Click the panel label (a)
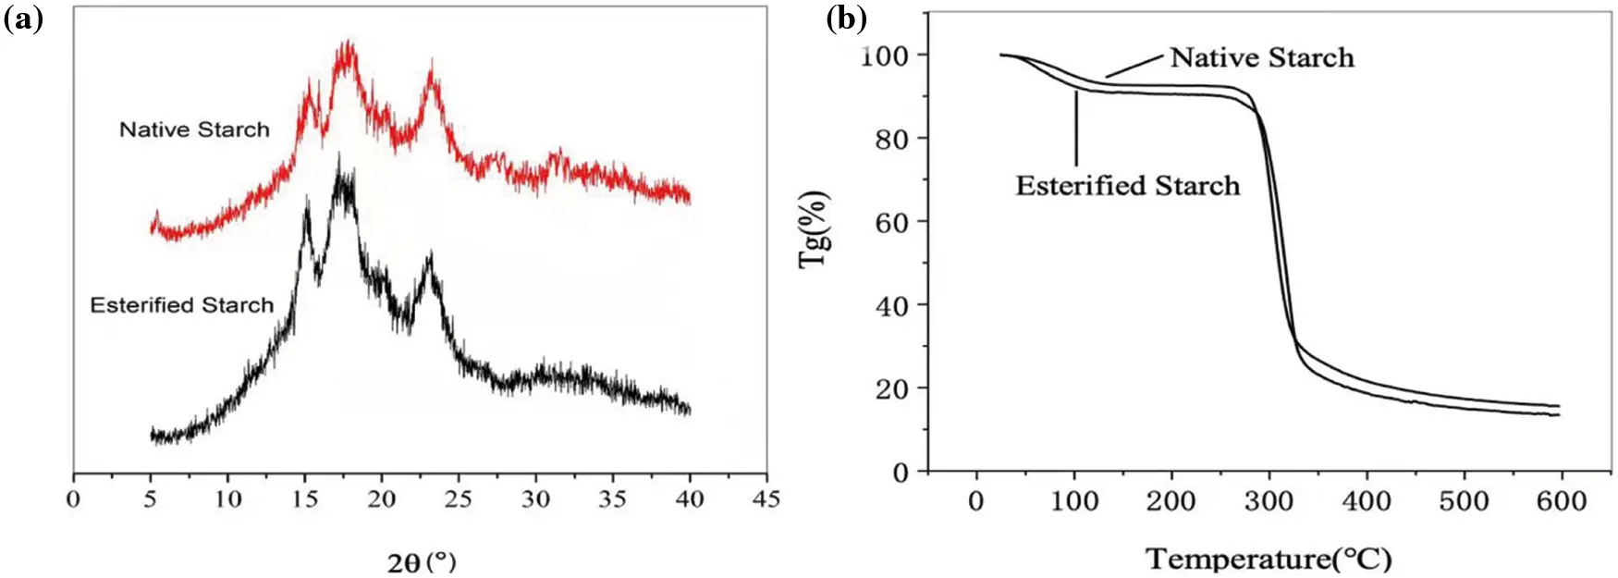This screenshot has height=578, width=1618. (23, 18)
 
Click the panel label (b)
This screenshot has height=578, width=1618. (846, 18)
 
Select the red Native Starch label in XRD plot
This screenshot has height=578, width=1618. (194, 129)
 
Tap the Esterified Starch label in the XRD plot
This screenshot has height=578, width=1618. (181, 305)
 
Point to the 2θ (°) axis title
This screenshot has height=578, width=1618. (421, 560)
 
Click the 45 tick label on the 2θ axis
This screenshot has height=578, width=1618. (766, 499)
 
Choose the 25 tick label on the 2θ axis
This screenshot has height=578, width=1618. (458, 499)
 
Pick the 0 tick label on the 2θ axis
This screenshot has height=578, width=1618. (74, 499)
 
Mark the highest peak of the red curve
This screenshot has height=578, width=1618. (348, 44)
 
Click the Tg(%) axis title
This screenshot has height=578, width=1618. (814, 229)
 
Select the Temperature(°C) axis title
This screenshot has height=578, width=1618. (1269, 559)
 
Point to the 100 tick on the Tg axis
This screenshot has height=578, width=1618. (885, 55)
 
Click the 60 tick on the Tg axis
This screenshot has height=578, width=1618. (892, 222)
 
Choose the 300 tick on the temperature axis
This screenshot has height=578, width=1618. (1269, 501)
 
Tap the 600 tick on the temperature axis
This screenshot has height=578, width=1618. (1561, 501)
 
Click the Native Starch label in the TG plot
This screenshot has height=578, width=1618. (1262, 57)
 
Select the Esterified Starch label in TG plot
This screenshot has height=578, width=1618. (1127, 186)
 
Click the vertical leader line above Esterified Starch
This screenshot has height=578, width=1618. (1076, 129)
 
